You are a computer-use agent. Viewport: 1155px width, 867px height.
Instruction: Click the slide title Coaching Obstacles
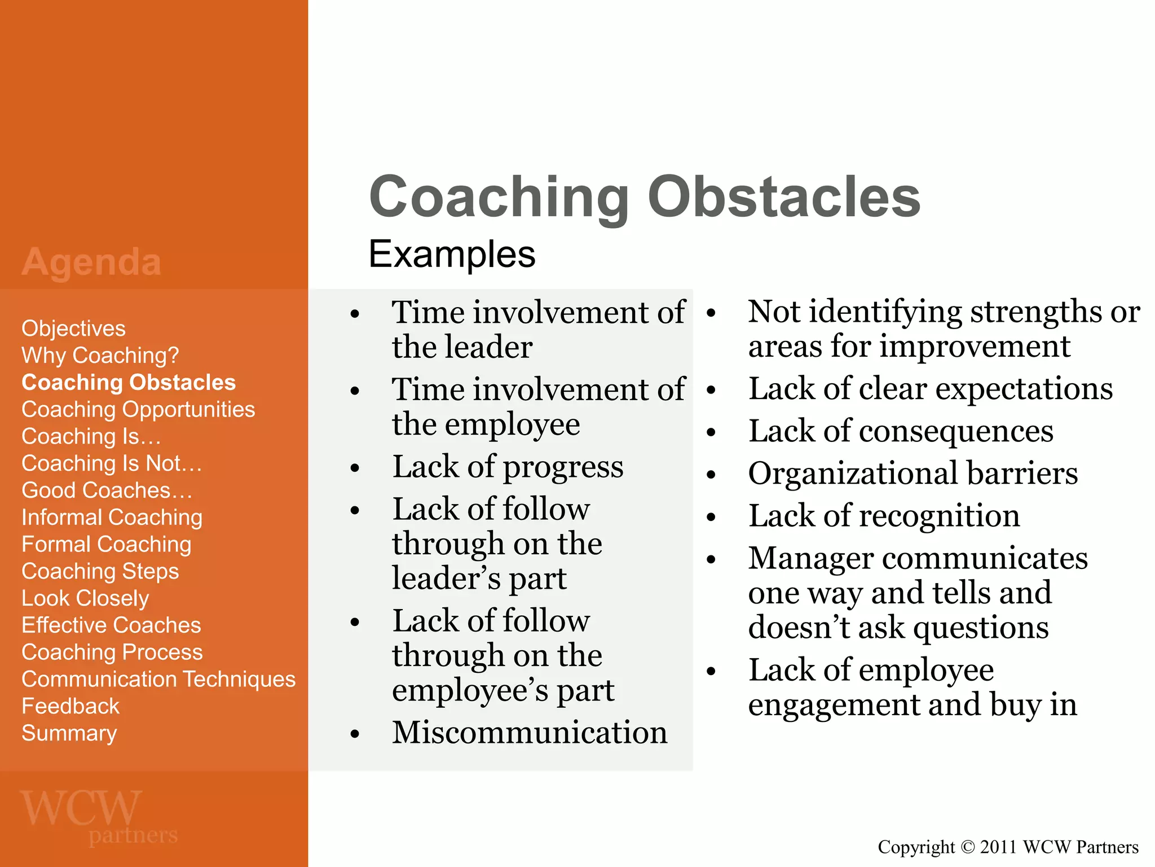(644, 196)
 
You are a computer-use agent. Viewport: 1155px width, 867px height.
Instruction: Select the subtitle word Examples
(452, 254)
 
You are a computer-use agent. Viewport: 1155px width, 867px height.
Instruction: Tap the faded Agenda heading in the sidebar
(91, 262)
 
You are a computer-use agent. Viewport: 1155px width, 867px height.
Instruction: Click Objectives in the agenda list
(73, 329)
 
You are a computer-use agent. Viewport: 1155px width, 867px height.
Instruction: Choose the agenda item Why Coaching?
(100, 356)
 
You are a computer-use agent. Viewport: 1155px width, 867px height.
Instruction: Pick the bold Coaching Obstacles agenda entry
(129, 383)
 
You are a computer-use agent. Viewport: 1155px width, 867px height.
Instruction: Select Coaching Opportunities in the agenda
(138, 409)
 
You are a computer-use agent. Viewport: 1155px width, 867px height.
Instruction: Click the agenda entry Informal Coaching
(112, 517)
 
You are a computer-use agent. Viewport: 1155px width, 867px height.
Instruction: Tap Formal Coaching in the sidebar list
(106, 544)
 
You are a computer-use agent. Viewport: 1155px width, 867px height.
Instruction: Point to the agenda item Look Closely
(85, 598)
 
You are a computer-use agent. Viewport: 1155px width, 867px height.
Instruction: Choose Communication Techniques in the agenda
(158, 679)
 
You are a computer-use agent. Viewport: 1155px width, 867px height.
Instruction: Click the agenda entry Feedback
(70, 706)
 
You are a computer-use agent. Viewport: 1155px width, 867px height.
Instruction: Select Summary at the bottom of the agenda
(69, 733)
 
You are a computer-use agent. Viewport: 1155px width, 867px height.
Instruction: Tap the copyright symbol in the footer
(967, 847)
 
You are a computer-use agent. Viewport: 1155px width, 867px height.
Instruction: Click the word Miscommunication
(530, 733)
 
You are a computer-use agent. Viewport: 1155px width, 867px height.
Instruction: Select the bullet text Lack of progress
(508, 467)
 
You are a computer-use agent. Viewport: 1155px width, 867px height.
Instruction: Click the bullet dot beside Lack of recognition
(711, 517)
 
